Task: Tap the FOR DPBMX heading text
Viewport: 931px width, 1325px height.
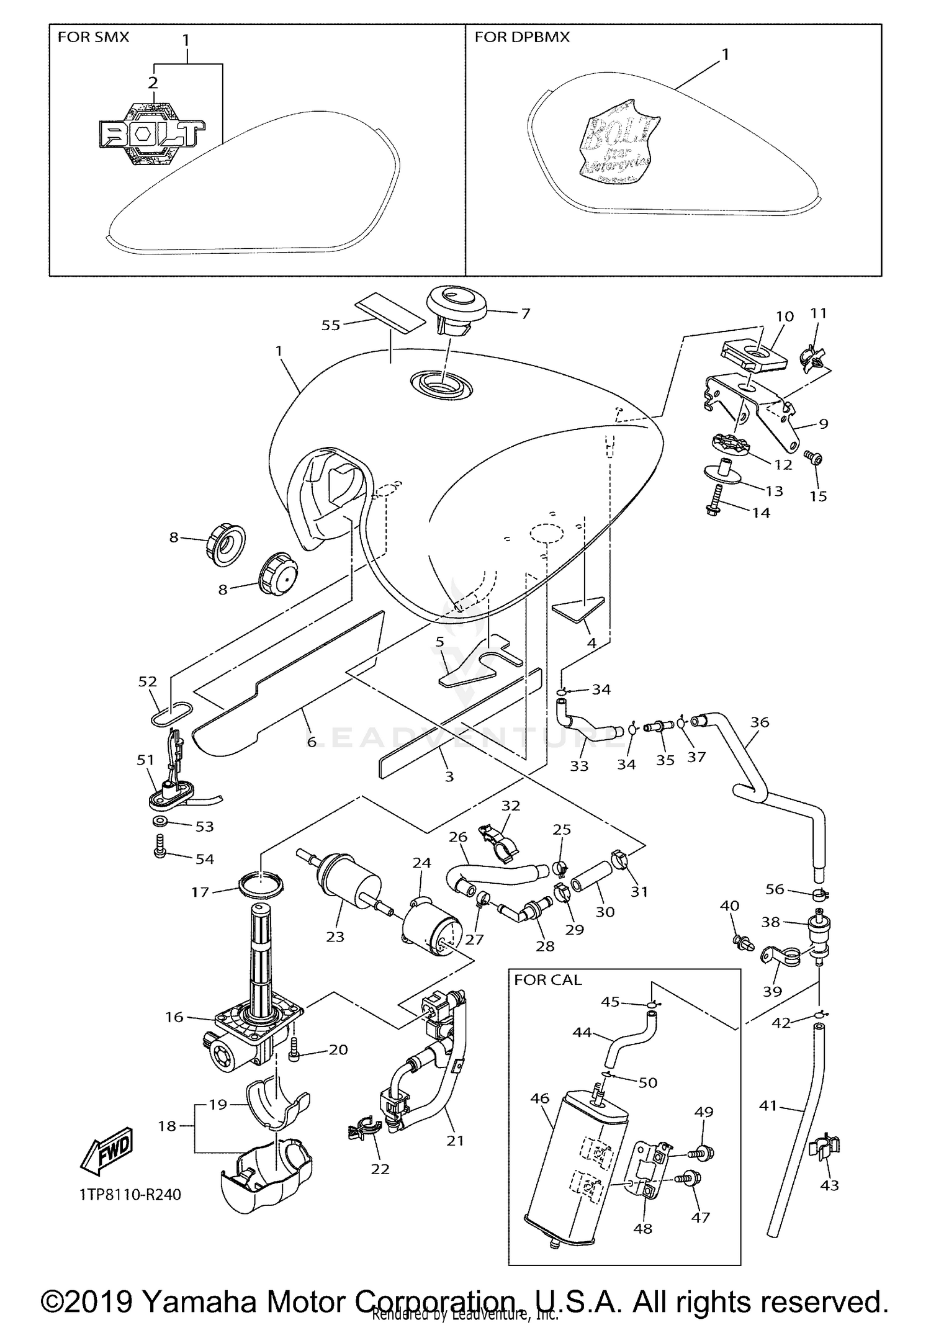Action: (522, 37)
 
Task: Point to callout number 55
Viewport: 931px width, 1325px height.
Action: (330, 325)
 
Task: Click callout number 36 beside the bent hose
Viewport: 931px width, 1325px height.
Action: (760, 722)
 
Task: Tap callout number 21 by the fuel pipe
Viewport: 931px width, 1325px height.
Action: (455, 1140)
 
